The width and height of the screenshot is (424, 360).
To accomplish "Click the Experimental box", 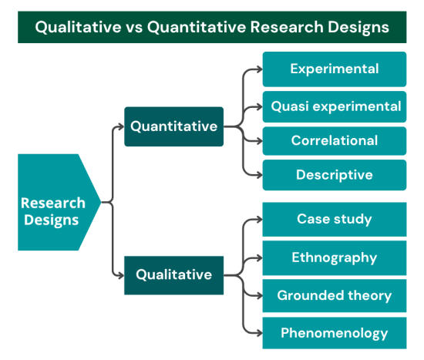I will (334, 69).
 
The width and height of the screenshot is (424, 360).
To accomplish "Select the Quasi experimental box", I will (334, 106).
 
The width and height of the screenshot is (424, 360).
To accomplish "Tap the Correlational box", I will (334, 141).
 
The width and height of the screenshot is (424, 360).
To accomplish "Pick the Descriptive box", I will (334, 175).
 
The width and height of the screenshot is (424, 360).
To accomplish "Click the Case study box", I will (334, 220).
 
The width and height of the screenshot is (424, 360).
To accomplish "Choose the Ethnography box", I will (334, 257).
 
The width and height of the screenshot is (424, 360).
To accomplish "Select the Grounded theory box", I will (334, 295).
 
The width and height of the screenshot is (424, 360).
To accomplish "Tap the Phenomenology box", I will (334, 333).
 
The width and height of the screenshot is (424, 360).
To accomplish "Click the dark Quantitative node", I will (173, 126).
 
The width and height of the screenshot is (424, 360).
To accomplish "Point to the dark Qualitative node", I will (173, 274).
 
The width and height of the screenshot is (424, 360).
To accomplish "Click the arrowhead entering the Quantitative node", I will (120, 126).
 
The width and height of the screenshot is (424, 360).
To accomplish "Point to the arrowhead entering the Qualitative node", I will (120, 274).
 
